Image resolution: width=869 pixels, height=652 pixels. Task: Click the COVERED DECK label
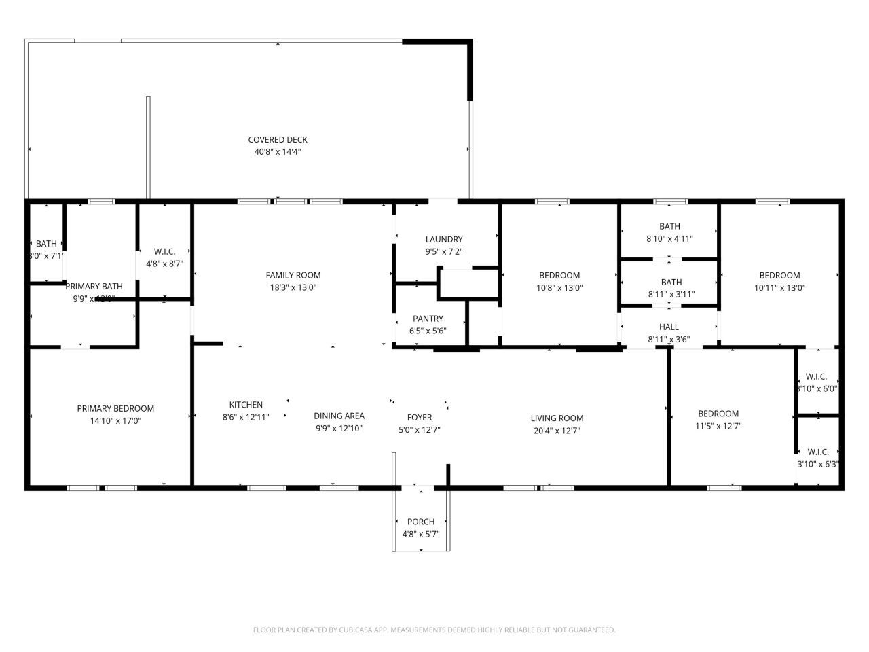pos(277,140)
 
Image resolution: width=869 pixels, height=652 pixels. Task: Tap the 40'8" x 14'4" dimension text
pos(277,152)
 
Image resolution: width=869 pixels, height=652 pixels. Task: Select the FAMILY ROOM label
pos(293,275)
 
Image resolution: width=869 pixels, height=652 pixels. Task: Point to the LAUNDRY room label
pos(444,239)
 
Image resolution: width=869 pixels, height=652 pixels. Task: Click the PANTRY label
pos(428,319)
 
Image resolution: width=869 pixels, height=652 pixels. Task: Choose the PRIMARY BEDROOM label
pos(115,408)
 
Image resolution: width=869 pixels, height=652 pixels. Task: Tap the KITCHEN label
pos(246,405)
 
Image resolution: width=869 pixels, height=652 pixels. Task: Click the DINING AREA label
pos(339,416)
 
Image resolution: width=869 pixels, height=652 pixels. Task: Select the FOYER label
pos(419,417)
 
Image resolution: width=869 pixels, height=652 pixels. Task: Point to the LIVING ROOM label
pos(557,418)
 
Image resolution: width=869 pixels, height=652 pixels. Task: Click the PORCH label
pos(421,522)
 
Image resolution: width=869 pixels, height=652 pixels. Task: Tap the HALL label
pos(669,327)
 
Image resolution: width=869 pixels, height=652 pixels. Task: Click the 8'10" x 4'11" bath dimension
pos(669,238)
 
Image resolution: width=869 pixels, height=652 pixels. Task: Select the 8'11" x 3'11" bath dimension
pos(671,294)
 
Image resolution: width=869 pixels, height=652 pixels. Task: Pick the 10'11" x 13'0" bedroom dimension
pos(779,287)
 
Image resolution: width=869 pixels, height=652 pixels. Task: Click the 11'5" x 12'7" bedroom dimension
pos(718,426)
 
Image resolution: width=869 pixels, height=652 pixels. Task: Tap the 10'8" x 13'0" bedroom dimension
pos(559,287)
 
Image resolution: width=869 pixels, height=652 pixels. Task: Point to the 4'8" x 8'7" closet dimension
pos(164,264)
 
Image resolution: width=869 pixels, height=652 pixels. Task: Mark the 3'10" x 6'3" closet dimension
pos(818,464)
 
